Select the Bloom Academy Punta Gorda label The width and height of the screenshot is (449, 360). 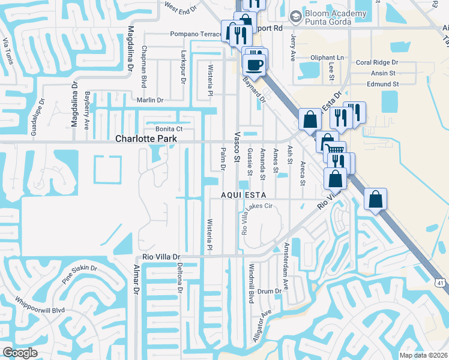tap(336, 19)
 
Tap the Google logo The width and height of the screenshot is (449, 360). tap(20, 352)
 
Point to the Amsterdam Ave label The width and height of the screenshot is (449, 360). tap(287, 263)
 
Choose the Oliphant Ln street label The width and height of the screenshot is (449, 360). tap(330, 58)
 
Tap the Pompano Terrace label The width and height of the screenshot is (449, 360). tap(196, 34)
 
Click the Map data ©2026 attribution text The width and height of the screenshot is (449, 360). tap(424, 355)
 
